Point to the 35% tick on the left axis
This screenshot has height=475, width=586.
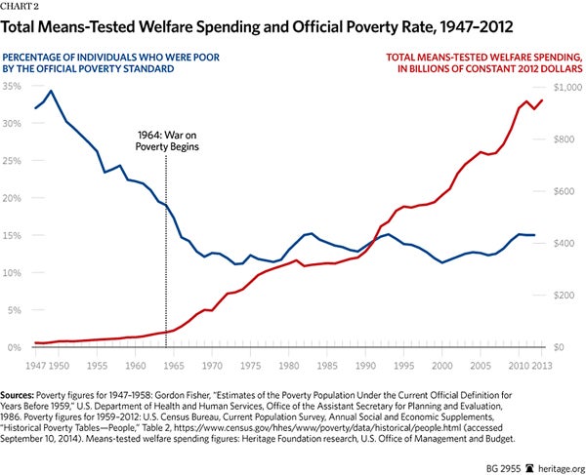coord(13,87)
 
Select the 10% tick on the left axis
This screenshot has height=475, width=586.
coord(13,273)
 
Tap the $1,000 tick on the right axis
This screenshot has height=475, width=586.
coord(568,87)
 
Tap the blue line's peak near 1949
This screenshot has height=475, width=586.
coord(51,92)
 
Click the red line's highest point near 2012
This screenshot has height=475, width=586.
coord(542,99)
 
